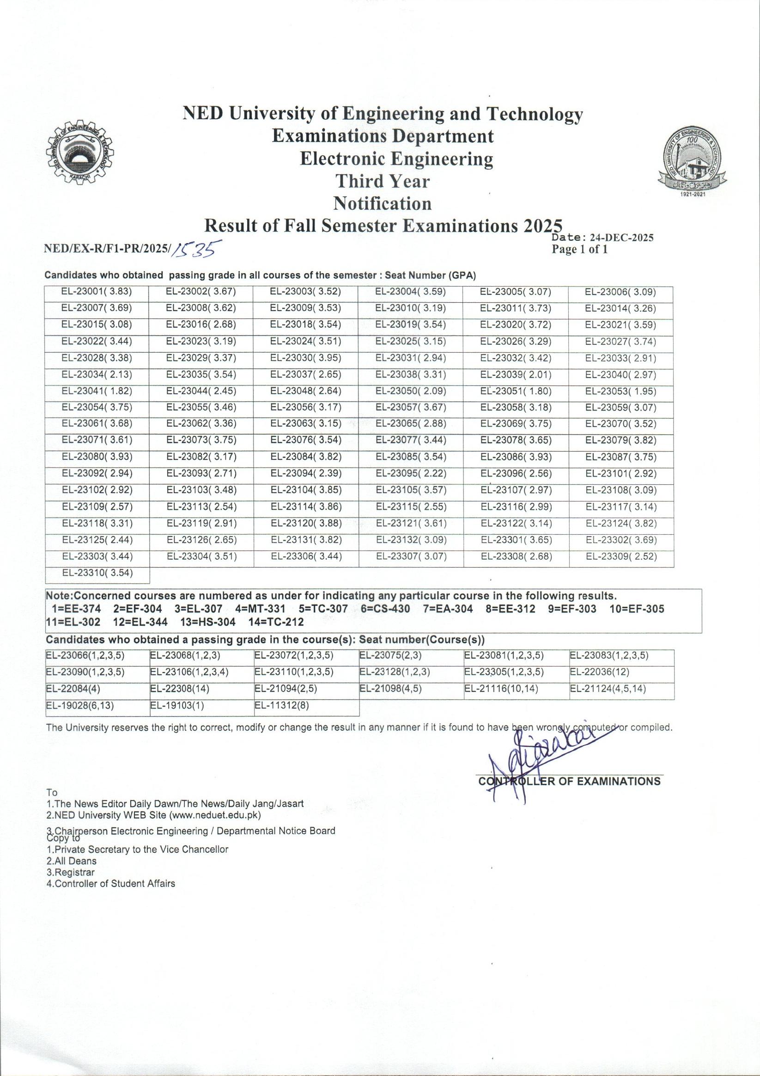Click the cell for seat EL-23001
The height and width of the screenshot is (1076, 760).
click(x=97, y=292)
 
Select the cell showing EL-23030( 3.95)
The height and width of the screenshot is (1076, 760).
click(x=305, y=358)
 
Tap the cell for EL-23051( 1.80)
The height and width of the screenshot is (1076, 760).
click(x=516, y=391)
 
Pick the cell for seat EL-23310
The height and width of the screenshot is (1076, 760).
click(x=97, y=573)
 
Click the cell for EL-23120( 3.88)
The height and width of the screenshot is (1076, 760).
click(x=306, y=523)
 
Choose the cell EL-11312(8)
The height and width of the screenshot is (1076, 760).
click(x=282, y=706)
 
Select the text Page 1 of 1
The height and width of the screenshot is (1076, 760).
click(x=580, y=249)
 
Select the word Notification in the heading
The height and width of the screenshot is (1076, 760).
click(x=382, y=203)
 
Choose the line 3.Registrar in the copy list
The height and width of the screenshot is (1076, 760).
click(x=70, y=872)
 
